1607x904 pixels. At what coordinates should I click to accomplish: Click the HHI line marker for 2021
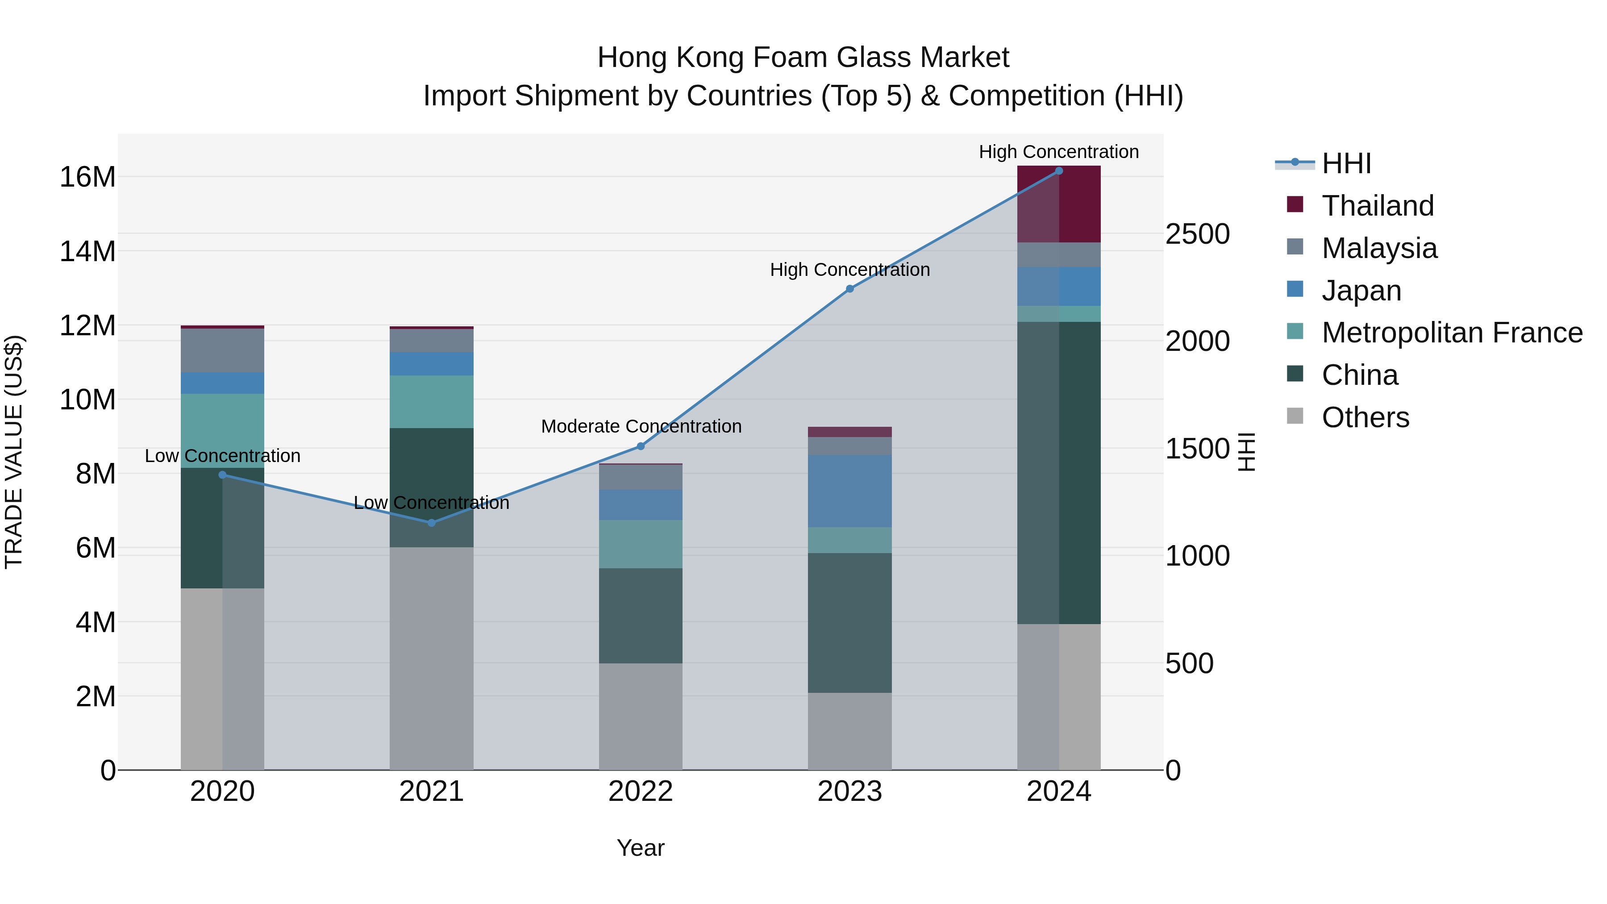tap(431, 523)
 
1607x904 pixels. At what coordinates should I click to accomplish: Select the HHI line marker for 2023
tap(849, 289)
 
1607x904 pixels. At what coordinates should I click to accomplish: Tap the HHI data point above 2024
tap(1059, 171)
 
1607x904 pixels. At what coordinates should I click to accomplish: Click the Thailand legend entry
tap(1378, 206)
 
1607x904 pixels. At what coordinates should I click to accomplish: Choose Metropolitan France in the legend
tap(1452, 333)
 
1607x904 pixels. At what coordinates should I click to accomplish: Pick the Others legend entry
tap(1365, 417)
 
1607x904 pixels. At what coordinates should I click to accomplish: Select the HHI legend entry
tap(1345, 163)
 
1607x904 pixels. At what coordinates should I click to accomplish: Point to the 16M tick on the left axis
tap(87, 177)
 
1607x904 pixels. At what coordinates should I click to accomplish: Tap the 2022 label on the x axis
tap(640, 792)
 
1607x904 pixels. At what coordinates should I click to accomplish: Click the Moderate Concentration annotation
tap(641, 427)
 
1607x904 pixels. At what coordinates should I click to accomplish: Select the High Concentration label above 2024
tap(1059, 152)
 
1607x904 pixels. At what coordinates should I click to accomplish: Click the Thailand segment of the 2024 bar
tap(1059, 204)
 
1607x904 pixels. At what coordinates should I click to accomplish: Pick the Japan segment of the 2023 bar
tap(849, 491)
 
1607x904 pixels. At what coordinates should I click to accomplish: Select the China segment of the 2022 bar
tap(640, 615)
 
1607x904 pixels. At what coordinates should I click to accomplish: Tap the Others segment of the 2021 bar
tap(431, 658)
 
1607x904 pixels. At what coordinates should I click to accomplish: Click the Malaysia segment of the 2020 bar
tap(222, 350)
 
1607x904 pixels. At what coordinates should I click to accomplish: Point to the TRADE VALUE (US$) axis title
tap(14, 452)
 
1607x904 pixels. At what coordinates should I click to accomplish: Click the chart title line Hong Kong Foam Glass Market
tap(803, 58)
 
